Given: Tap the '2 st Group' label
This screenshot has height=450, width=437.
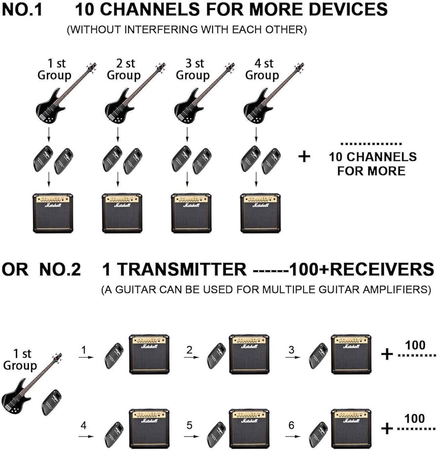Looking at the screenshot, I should (124, 69).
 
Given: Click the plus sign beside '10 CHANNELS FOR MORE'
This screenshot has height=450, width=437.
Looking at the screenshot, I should (304, 157).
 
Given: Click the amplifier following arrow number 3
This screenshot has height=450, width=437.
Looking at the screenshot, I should (350, 354).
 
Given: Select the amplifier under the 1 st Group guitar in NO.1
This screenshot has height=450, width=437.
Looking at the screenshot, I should (53, 213).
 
